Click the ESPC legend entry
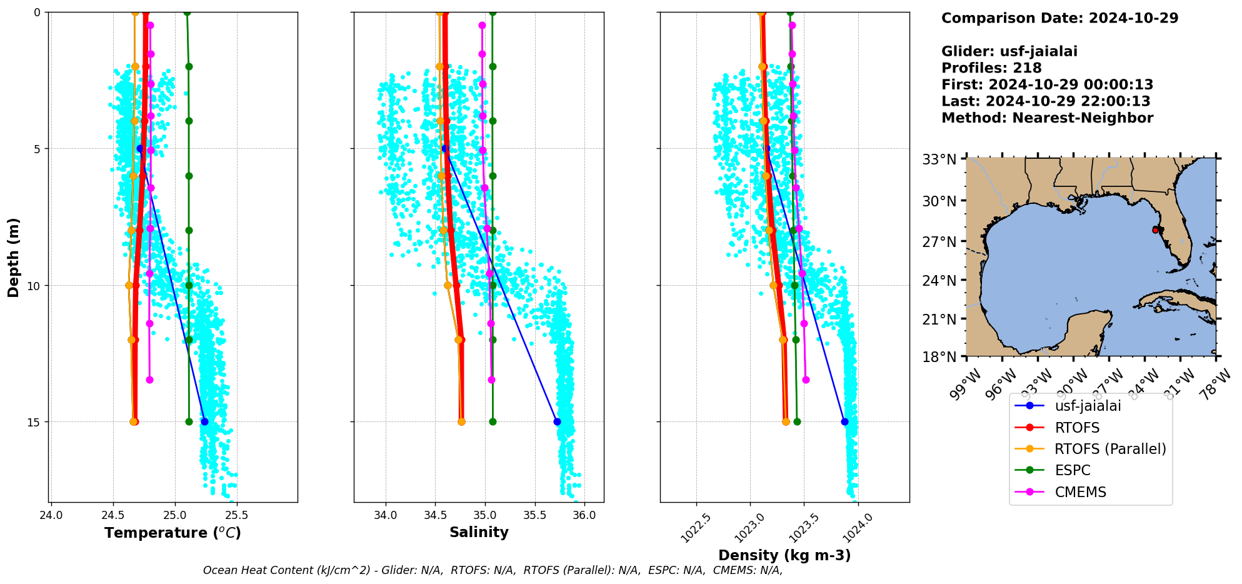tap(1072, 470)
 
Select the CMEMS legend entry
tap(1080, 492)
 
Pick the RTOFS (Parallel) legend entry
tap(1110, 449)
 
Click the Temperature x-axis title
tap(173, 533)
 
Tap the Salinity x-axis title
tap(479, 532)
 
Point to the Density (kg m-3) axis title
tap(784, 555)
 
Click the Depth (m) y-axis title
tap(14, 258)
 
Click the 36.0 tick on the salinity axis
tap(584, 516)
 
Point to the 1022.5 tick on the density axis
tap(695, 528)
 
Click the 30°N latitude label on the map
tap(939, 201)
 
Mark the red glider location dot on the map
tap(1155, 230)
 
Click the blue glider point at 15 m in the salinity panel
tap(557, 422)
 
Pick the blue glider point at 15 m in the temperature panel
tap(204, 422)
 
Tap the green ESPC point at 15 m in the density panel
tap(797, 422)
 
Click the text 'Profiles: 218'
tap(991, 68)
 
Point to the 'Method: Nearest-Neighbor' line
tap(1047, 118)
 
